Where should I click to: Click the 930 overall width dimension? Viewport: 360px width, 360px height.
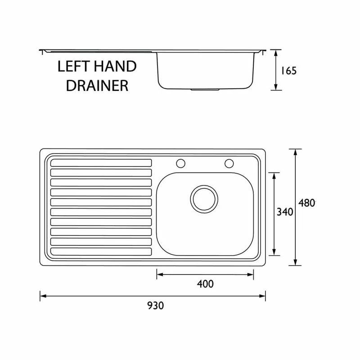(x=155, y=306)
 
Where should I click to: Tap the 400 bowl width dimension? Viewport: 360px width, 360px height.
(x=205, y=284)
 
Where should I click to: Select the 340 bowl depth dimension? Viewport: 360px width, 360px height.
(x=285, y=211)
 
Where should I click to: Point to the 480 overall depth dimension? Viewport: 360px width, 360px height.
(x=307, y=203)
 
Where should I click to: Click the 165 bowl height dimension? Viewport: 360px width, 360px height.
(x=289, y=71)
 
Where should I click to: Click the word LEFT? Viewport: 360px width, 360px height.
(x=73, y=67)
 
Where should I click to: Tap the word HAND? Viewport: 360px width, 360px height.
(x=115, y=66)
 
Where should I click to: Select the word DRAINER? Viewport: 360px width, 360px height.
(x=97, y=85)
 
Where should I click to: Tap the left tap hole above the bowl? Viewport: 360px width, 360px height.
(x=181, y=163)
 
